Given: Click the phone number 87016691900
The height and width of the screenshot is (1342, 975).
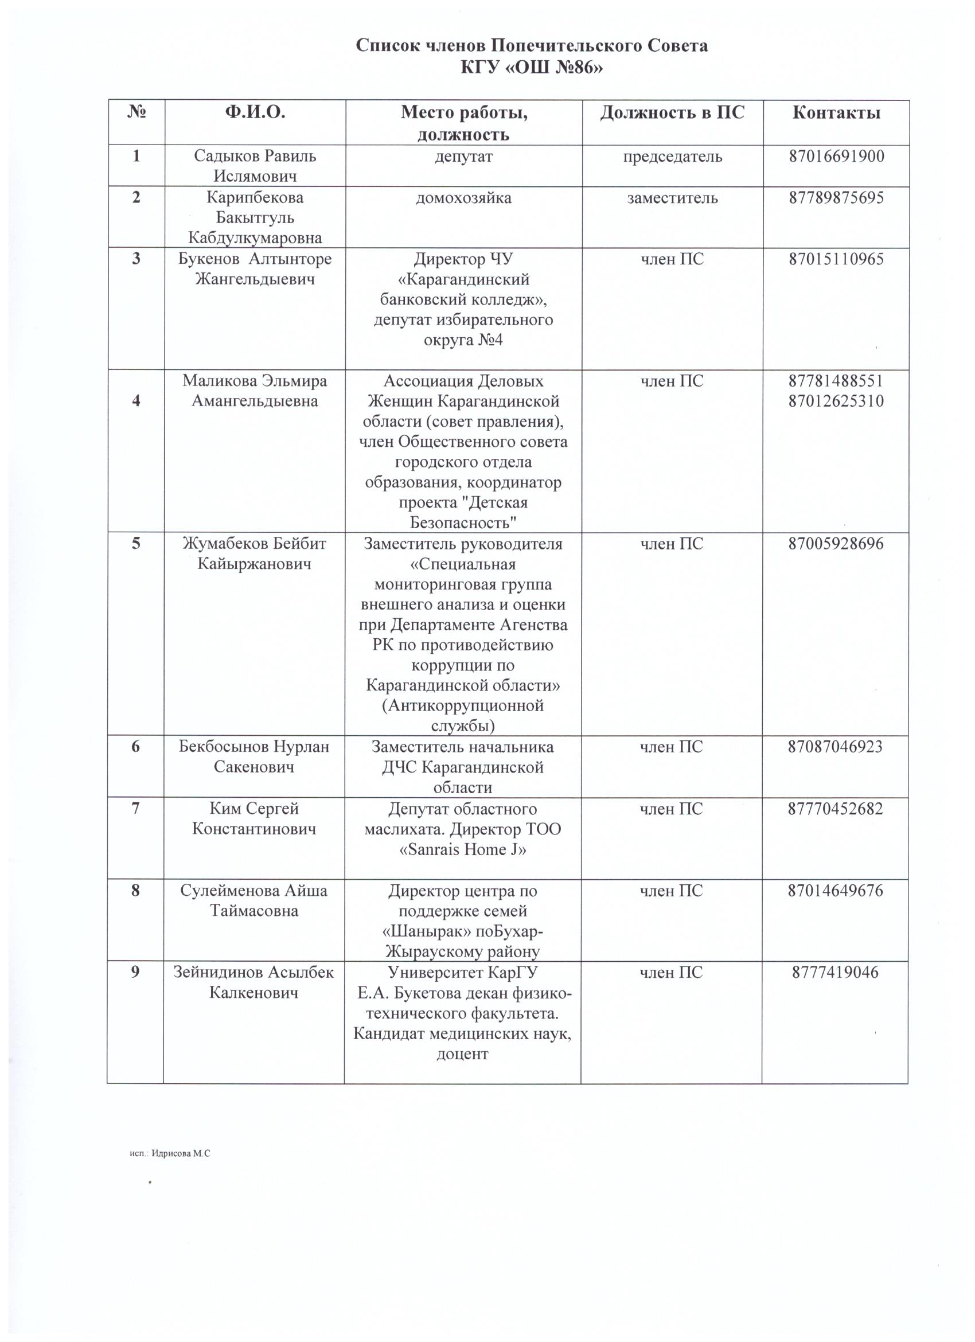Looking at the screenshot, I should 836,156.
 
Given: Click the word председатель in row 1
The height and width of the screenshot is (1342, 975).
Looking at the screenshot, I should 672,156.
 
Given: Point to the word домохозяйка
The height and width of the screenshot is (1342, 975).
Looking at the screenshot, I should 463,197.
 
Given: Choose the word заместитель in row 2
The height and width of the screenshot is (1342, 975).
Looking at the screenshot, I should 672,197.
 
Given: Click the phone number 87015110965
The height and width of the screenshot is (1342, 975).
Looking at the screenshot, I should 836,259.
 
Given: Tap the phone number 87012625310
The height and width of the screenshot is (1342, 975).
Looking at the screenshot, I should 836,401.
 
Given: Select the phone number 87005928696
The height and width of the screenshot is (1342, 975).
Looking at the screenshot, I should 836,543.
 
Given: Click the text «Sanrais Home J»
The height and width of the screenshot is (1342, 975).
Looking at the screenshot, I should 463,849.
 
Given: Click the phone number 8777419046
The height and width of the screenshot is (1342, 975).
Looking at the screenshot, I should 835,972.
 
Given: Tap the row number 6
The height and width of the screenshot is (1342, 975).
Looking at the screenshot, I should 135,746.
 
